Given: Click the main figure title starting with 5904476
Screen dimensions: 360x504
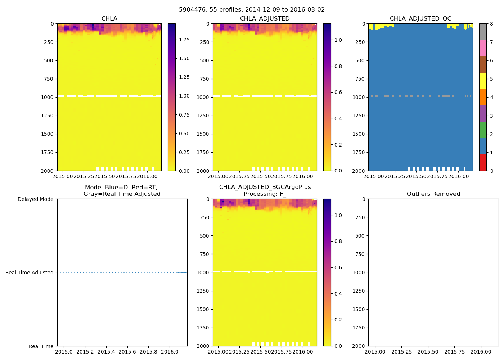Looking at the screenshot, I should [252, 10].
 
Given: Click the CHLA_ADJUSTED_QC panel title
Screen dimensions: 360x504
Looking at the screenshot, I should [420, 19].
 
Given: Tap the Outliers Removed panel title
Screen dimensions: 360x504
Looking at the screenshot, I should [433, 194].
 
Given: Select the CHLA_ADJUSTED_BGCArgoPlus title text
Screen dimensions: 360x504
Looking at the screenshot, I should [265, 187].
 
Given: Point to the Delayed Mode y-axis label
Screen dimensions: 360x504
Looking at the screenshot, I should [35, 199].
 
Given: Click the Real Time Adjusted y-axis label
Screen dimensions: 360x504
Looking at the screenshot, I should [29, 273].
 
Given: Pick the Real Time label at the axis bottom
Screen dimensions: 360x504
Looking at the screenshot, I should [41, 346].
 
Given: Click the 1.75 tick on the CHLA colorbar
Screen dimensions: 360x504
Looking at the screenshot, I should [184, 40].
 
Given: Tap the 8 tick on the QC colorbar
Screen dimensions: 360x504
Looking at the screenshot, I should [491, 24].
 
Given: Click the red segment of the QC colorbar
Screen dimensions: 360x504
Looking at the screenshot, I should [483, 163].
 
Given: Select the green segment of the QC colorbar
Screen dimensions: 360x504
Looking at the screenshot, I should [483, 130].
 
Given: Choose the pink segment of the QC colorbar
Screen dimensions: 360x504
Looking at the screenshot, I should [483, 48].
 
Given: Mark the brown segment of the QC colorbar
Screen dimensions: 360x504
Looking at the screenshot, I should [483, 64].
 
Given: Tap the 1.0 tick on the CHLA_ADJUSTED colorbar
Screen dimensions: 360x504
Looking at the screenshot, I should [338, 40].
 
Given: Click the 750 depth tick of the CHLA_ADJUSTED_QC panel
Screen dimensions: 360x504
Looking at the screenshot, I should [360, 79].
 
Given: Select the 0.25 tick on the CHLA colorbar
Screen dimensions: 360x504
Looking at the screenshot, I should [184, 152].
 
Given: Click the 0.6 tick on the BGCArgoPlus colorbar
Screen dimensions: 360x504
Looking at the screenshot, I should [338, 267].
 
